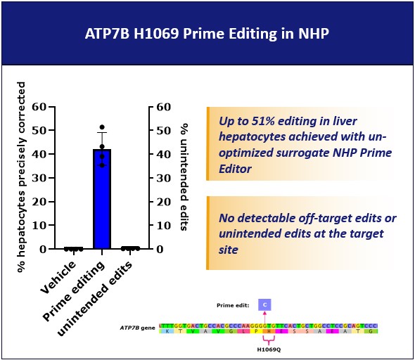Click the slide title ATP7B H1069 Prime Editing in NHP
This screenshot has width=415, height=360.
click(x=208, y=32)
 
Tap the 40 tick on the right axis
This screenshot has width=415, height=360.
click(x=163, y=155)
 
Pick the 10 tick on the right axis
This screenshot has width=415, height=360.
click(x=163, y=226)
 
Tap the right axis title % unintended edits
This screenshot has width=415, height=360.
click(x=184, y=176)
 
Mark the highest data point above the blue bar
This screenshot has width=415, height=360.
click(x=102, y=127)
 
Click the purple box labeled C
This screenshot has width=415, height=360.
click(x=264, y=304)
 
